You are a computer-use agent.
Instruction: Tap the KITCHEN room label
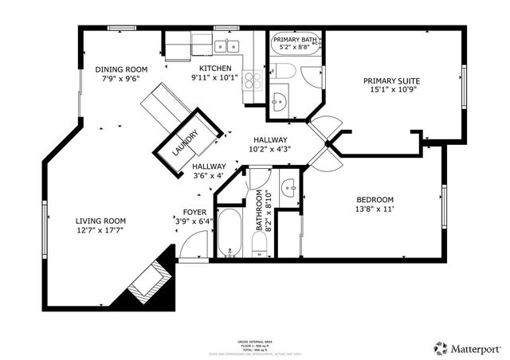(x=215, y=68)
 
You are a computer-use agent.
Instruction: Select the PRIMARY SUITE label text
(x=392, y=80)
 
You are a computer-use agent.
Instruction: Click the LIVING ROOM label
(x=100, y=221)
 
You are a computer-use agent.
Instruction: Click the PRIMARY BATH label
(x=296, y=39)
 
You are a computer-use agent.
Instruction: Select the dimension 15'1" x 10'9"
(x=392, y=91)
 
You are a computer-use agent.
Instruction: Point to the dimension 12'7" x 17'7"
(x=100, y=230)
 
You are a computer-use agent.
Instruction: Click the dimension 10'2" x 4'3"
(x=270, y=149)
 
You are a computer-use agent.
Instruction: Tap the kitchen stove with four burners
(x=253, y=80)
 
